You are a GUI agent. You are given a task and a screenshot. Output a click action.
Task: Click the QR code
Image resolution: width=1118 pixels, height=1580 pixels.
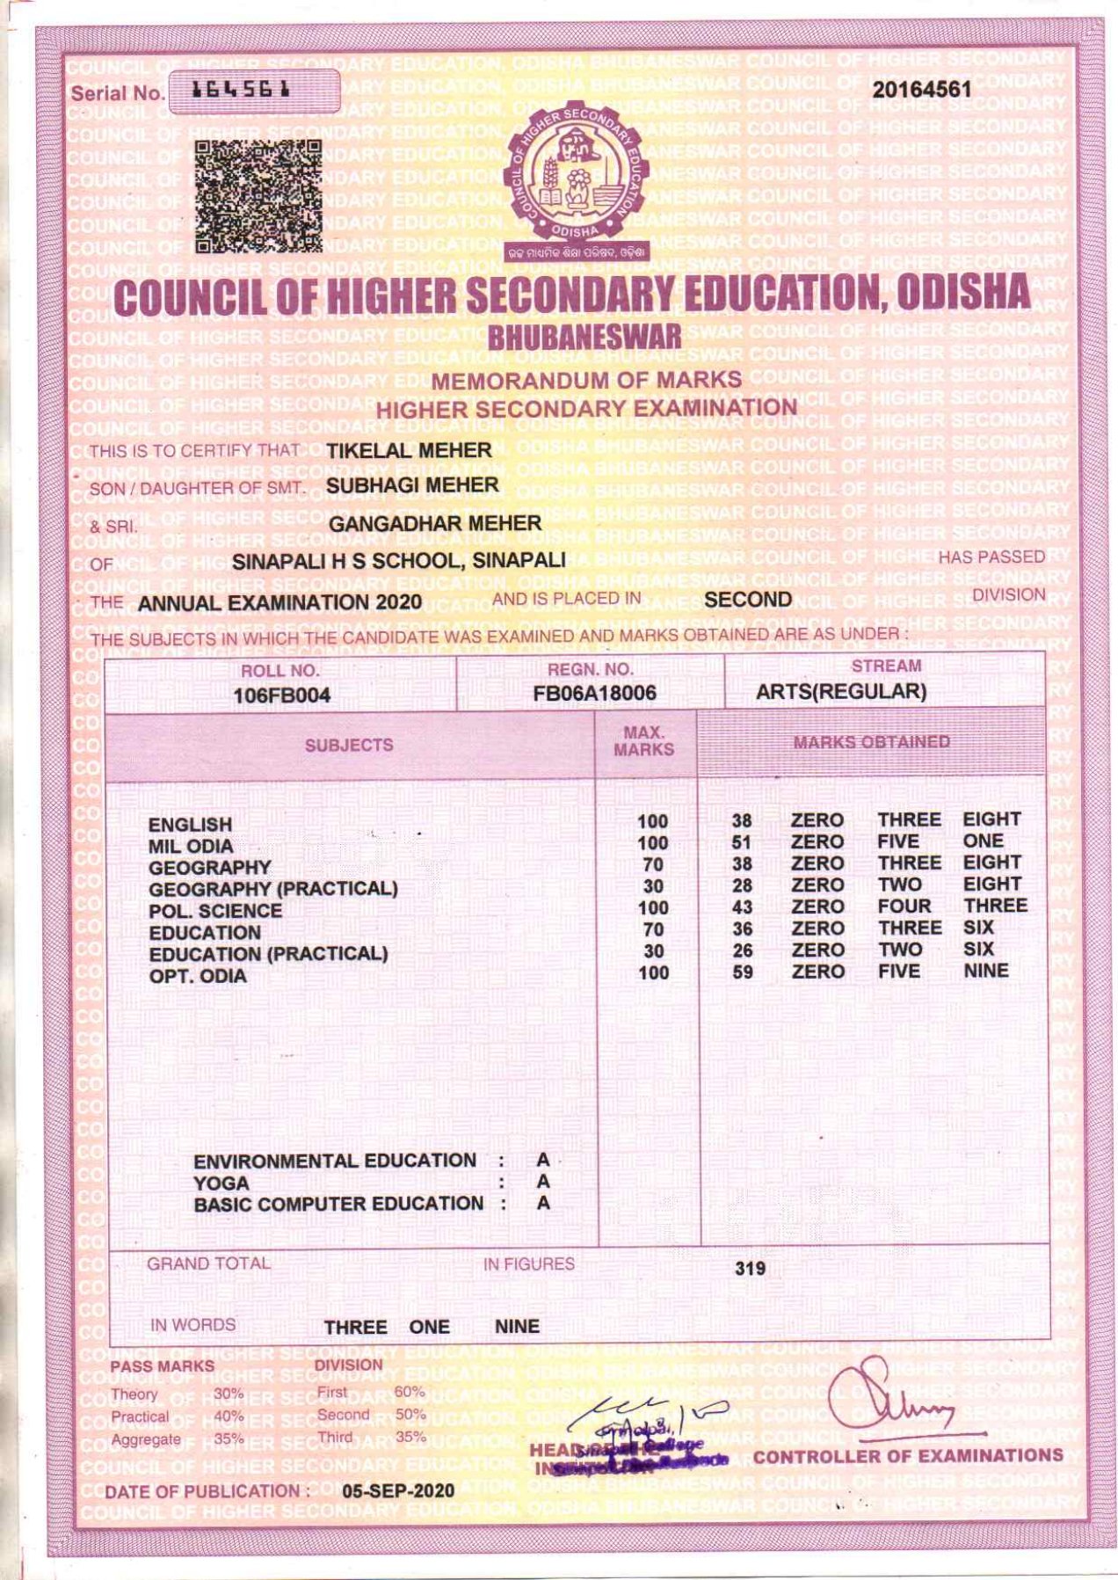pyautogui.click(x=258, y=197)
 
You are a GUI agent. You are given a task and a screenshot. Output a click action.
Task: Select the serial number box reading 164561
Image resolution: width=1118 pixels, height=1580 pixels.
pyautogui.click(x=253, y=91)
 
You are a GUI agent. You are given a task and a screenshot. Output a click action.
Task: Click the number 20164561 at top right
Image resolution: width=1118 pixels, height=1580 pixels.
pyautogui.click(x=921, y=90)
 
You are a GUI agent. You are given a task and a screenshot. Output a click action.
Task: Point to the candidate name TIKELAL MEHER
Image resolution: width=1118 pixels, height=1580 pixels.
pyautogui.click(x=409, y=450)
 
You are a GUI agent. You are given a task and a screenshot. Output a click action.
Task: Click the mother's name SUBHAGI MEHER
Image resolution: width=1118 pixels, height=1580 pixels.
pyautogui.click(x=412, y=484)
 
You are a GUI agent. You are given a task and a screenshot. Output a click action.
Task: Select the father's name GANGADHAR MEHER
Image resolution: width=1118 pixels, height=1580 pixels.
pyautogui.click(x=435, y=523)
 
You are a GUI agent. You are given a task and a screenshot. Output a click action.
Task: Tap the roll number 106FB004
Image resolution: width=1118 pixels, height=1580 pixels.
pyautogui.click(x=281, y=695)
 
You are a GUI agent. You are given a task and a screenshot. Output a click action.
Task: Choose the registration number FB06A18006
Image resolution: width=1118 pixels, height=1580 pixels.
pyautogui.click(x=594, y=693)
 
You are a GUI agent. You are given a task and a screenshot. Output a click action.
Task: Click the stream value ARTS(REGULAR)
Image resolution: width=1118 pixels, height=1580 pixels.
pyautogui.click(x=841, y=691)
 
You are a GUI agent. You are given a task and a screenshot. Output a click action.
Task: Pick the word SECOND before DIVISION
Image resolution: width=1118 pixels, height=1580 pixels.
pyautogui.click(x=748, y=600)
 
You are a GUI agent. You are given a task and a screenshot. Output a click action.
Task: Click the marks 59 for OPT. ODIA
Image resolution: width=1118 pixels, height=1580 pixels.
pyautogui.click(x=743, y=972)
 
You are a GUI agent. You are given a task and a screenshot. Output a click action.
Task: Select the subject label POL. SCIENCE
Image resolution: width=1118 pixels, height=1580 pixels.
pyautogui.click(x=215, y=911)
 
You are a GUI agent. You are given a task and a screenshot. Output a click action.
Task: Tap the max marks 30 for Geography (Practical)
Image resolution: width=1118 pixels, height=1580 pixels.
pyautogui.click(x=652, y=886)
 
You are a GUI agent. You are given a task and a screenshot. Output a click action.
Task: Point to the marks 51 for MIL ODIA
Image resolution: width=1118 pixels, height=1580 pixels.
pyautogui.click(x=743, y=842)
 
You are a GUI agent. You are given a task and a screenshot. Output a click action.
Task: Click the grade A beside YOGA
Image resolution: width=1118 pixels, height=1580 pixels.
pyautogui.click(x=543, y=1182)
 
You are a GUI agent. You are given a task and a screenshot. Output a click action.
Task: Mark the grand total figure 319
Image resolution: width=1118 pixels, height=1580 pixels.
pyautogui.click(x=750, y=1268)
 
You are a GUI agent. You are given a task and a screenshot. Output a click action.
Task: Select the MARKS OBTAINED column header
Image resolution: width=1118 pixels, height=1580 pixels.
pyautogui.click(x=871, y=742)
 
